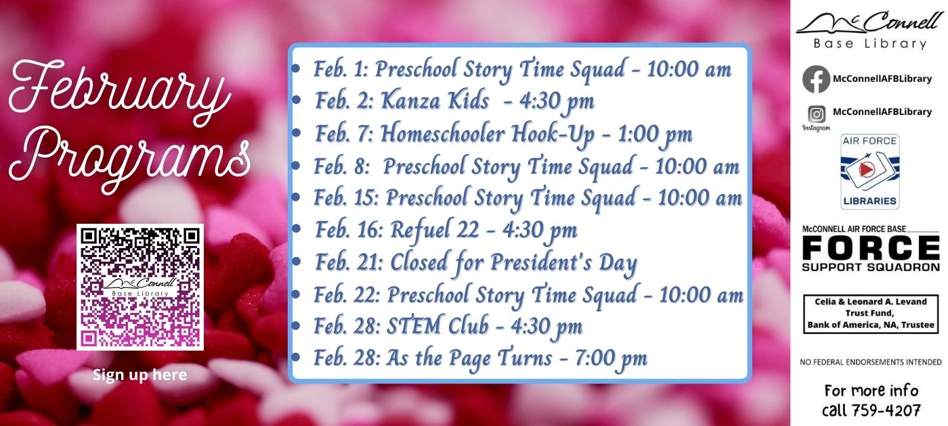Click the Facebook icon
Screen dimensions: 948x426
(816, 79)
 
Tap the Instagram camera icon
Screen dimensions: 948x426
(817, 114)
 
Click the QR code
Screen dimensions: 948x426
(140, 287)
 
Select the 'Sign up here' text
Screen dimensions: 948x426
(139, 375)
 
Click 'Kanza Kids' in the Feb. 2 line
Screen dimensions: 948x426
(435, 101)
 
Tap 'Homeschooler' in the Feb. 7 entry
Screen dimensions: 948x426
(442, 134)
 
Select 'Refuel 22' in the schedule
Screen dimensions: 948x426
(434, 231)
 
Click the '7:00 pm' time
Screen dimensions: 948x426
(611, 359)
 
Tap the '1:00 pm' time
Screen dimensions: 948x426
(655, 135)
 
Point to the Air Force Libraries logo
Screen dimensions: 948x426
(869, 171)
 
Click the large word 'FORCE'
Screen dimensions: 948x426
(871, 248)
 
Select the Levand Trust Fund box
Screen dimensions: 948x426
(871, 314)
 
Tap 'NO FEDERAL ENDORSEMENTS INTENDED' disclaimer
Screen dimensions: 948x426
(871, 362)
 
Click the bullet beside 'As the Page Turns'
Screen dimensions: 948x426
(296, 357)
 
